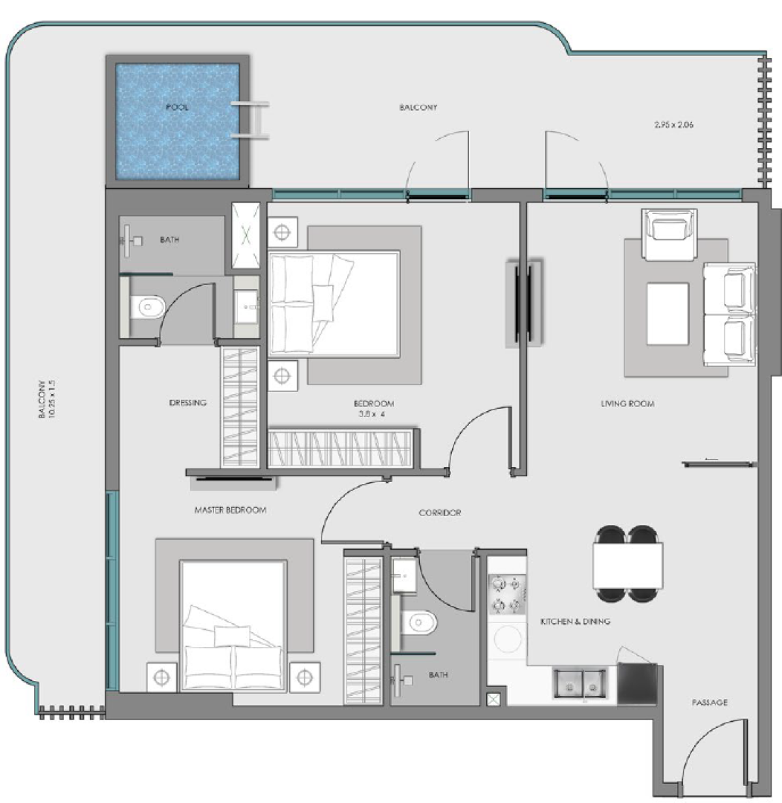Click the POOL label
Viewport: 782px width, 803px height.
[x=177, y=107]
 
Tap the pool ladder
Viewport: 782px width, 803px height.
[x=250, y=120]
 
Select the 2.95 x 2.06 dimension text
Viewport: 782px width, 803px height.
[x=674, y=124]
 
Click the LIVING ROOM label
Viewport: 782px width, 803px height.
[x=627, y=404]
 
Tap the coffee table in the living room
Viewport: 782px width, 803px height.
[x=668, y=314]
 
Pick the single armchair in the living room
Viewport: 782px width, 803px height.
[x=669, y=233]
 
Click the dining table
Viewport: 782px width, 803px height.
[x=628, y=565]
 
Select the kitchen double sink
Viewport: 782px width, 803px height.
[x=581, y=682]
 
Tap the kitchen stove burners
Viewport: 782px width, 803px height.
[x=507, y=594]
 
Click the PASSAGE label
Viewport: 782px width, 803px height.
[x=709, y=703]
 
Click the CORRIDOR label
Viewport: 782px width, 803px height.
[x=440, y=512]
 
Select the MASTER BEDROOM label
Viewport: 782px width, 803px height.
[x=230, y=510]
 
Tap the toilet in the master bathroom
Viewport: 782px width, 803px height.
[x=147, y=307]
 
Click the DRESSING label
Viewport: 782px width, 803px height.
[x=187, y=403]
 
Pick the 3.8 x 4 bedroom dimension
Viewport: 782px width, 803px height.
[x=371, y=414]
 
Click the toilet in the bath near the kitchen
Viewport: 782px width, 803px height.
[x=419, y=623]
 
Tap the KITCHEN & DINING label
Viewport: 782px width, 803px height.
[x=575, y=621]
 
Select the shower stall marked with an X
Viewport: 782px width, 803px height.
[x=246, y=236]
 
